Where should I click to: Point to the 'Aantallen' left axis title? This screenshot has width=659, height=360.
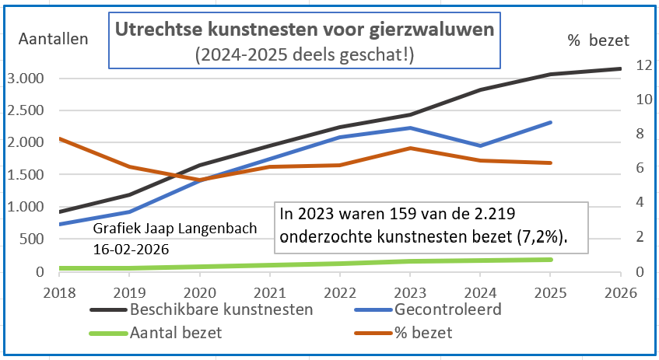[53, 38]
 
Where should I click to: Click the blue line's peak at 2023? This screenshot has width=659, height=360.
[409, 128]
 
